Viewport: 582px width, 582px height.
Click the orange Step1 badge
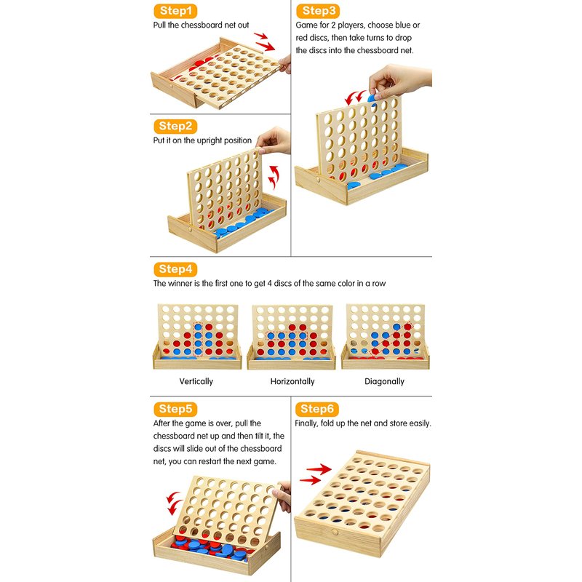tap(175, 11)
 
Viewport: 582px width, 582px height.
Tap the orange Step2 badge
tap(175, 126)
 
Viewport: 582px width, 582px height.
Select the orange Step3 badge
tap(318, 11)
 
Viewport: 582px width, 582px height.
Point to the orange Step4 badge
tap(175, 269)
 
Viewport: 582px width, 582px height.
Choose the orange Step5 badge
tap(175, 409)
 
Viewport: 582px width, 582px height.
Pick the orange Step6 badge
tap(317, 409)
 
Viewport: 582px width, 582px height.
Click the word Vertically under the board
tap(196, 381)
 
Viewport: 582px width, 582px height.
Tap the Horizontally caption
tap(292, 381)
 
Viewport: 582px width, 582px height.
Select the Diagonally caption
tap(384, 381)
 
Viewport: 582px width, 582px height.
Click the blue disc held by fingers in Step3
tap(372, 98)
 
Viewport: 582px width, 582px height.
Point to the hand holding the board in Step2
tap(274, 140)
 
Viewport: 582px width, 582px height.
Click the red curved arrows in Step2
tap(274, 178)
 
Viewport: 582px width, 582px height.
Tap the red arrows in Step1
tap(264, 41)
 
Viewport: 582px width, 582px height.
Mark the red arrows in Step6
tap(316, 474)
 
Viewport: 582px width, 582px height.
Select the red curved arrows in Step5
tap(174, 503)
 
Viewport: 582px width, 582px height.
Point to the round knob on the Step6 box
tap(335, 532)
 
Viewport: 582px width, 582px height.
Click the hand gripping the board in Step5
tap(282, 496)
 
